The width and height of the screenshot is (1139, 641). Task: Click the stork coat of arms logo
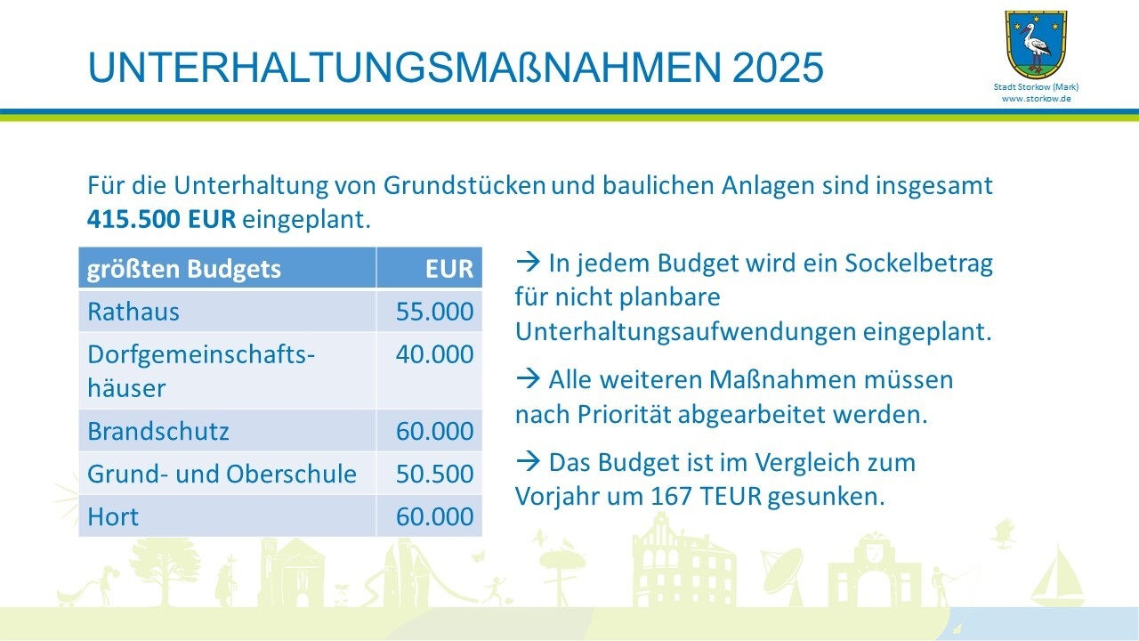1036,45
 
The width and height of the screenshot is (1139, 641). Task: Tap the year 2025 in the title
778,67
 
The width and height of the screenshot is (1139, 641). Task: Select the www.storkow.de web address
1037,99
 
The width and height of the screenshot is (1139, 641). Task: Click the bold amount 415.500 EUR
161,219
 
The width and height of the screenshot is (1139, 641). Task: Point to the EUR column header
449,269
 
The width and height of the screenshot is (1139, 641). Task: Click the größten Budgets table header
183,269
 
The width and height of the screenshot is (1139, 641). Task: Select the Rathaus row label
133,312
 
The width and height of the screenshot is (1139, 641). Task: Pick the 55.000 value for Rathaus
435,312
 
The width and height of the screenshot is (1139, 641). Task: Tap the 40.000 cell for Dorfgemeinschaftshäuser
435,354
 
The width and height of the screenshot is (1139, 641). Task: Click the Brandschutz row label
158,431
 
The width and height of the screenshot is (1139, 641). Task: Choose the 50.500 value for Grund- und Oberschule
435,474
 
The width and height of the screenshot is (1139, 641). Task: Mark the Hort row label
113,517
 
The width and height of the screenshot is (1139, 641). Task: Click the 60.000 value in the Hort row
435,516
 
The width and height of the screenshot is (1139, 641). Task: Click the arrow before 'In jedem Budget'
529,263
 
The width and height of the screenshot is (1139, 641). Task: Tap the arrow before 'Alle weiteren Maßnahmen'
529,379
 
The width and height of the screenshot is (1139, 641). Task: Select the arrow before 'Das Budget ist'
529,462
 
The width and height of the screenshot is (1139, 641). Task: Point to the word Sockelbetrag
919,264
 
